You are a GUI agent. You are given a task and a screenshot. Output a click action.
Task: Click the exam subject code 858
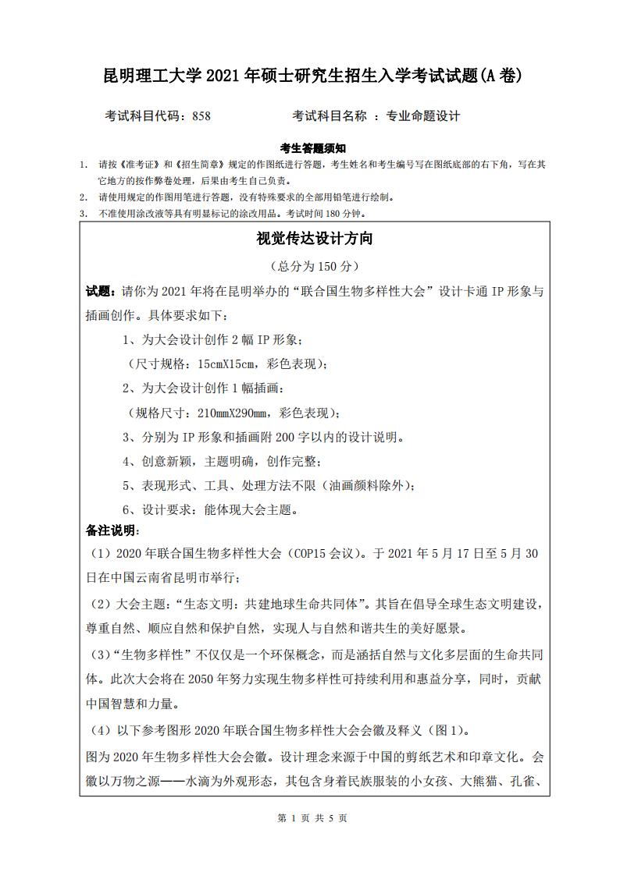click(201, 116)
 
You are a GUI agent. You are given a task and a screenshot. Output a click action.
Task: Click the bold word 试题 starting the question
click(98, 292)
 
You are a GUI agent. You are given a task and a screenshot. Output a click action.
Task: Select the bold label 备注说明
click(111, 530)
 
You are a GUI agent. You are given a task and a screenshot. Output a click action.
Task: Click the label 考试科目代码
click(144, 116)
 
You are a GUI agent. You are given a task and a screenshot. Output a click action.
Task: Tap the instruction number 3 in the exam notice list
click(83, 213)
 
